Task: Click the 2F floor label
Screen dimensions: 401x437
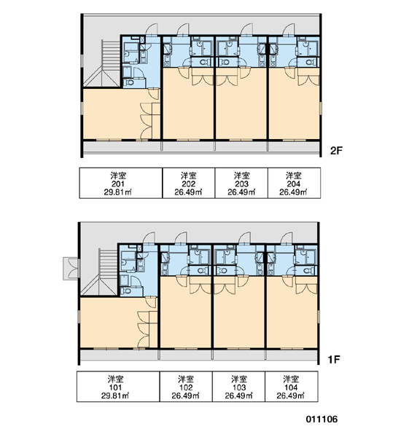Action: pos(336,151)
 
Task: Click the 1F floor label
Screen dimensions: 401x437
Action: pos(334,360)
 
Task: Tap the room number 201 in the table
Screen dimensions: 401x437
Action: pos(118,184)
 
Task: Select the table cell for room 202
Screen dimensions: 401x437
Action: pos(189,183)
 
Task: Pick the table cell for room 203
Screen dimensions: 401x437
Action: pos(241,183)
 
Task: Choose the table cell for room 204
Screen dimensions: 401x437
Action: pos(294,183)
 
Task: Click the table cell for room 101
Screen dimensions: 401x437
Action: pos(118,387)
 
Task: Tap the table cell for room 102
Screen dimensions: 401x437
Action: pos(186,387)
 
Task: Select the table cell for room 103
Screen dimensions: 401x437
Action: pos(238,387)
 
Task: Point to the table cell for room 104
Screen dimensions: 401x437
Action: pos(292,387)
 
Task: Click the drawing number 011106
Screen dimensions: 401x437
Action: pos(322,419)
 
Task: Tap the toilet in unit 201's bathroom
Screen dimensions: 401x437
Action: pos(130,82)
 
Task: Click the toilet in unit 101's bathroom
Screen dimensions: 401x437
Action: pos(127,291)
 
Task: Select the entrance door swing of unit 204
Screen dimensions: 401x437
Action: pos(288,30)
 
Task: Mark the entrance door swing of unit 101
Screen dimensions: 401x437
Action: pos(148,239)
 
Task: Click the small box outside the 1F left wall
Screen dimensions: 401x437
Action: pos(71,268)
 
